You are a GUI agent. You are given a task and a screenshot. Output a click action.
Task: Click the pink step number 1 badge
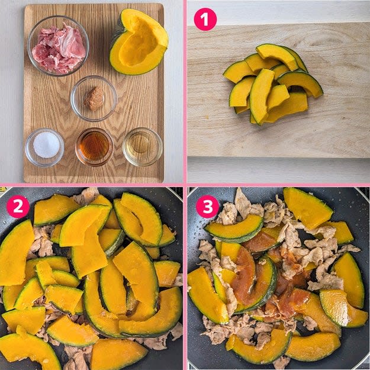(x=205, y=20)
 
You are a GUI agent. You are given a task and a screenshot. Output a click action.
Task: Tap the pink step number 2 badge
(x=18, y=207)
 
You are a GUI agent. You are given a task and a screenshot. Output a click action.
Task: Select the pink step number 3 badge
(x=207, y=207)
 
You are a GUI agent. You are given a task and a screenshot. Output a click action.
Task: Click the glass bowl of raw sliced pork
(x=58, y=46)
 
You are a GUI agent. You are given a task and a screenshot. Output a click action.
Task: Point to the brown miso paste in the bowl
(x=94, y=98)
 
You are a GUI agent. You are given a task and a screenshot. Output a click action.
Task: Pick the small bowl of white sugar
(x=44, y=147)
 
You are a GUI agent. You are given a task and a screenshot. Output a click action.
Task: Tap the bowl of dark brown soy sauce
(x=94, y=147)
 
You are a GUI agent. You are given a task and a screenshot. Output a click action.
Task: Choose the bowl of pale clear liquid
(x=143, y=147)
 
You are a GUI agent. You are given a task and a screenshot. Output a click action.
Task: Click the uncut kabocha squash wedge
(x=139, y=43)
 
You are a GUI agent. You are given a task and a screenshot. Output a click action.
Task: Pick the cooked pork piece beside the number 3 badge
(x=228, y=214)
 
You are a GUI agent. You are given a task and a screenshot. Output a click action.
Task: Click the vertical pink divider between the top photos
(x=185, y=92)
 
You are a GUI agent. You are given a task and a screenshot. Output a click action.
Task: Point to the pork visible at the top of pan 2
(x=86, y=195)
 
